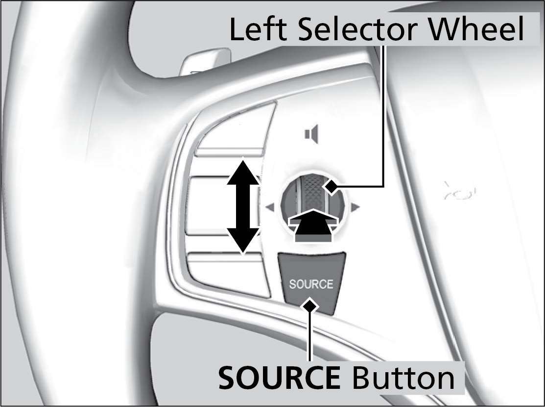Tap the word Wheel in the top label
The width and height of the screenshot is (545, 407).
pos(475,29)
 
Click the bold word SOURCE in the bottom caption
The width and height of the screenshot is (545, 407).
pos(279,378)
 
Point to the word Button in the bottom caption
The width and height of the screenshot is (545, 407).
pos(403,378)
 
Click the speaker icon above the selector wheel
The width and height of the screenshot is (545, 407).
pos(311,134)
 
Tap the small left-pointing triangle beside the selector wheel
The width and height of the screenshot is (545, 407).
pos(270,207)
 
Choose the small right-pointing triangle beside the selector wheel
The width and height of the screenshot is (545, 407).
pos(355,207)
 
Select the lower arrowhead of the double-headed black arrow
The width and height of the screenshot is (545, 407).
pos(243,241)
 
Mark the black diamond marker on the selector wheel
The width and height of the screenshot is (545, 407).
pos(331,187)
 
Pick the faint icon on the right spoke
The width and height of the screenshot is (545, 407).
pos(459,192)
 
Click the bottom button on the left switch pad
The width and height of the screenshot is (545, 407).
pos(229,275)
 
